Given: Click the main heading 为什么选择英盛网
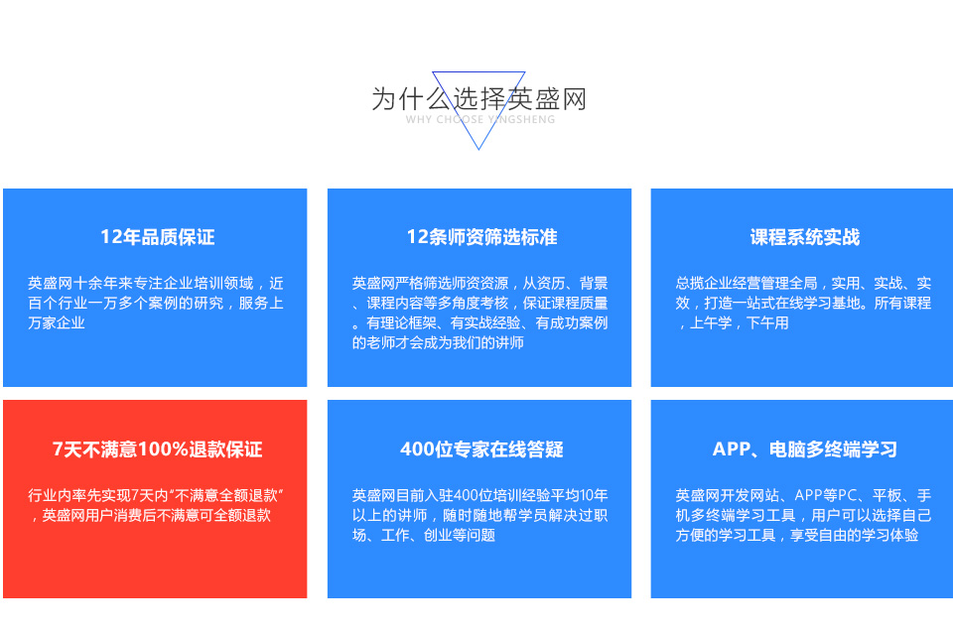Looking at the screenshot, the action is [x=478, y=99].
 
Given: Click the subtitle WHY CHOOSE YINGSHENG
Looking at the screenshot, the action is [x=480, y=120].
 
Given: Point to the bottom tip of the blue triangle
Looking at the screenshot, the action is [x=478, y=149].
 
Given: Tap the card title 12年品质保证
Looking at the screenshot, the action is [x=158, y=237].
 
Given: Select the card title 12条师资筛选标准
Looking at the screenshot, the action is [x=481, y=237].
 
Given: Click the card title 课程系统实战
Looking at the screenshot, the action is [x=805, y=237].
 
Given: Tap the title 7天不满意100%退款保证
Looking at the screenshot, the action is [x=158, y=449].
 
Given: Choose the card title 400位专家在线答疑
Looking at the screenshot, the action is [x=481, y=449].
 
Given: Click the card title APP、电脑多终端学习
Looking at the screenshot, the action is [x=805, y=449].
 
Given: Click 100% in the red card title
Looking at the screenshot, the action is [x=164, y=449].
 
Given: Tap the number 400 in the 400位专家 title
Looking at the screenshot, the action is [x=418, y=449].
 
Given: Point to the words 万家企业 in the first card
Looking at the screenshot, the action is [x=57, y=322].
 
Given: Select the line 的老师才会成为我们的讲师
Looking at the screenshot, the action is [x=438, y=342].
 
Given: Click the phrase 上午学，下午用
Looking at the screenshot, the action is [x=739, y=322].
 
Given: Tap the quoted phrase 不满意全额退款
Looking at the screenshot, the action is [x=227, y=495].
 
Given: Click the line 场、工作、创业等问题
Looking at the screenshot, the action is [x=424, y=536].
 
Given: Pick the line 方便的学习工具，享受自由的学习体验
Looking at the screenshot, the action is [x=797, y=536].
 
